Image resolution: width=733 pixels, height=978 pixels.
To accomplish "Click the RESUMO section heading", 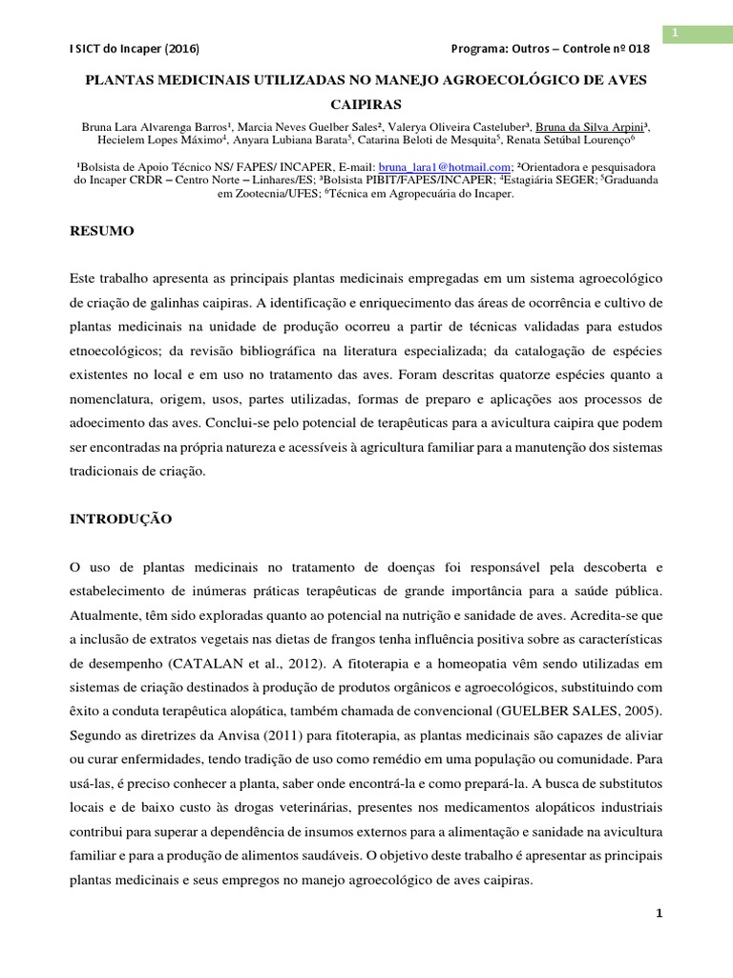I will (103, 231).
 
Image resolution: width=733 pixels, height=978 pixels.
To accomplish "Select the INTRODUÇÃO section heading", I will (121, 519).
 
